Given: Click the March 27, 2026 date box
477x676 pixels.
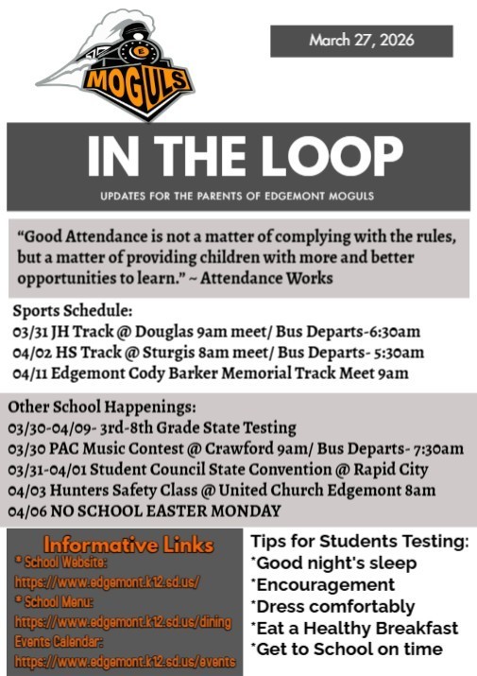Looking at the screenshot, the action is tap(361, 41).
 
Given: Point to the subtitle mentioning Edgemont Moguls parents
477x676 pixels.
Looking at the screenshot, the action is tap(238, 196).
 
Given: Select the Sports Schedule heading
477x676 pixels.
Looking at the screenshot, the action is tap(73, 312).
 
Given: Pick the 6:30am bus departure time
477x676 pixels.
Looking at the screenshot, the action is tap(390, 332).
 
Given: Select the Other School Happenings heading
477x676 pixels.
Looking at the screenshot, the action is tap(103, 407).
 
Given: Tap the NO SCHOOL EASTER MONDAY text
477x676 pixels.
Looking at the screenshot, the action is tap(162, 511).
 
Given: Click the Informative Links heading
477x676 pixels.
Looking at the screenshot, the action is tap(127, 546).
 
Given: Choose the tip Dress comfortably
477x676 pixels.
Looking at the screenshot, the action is tap(333, 606).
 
